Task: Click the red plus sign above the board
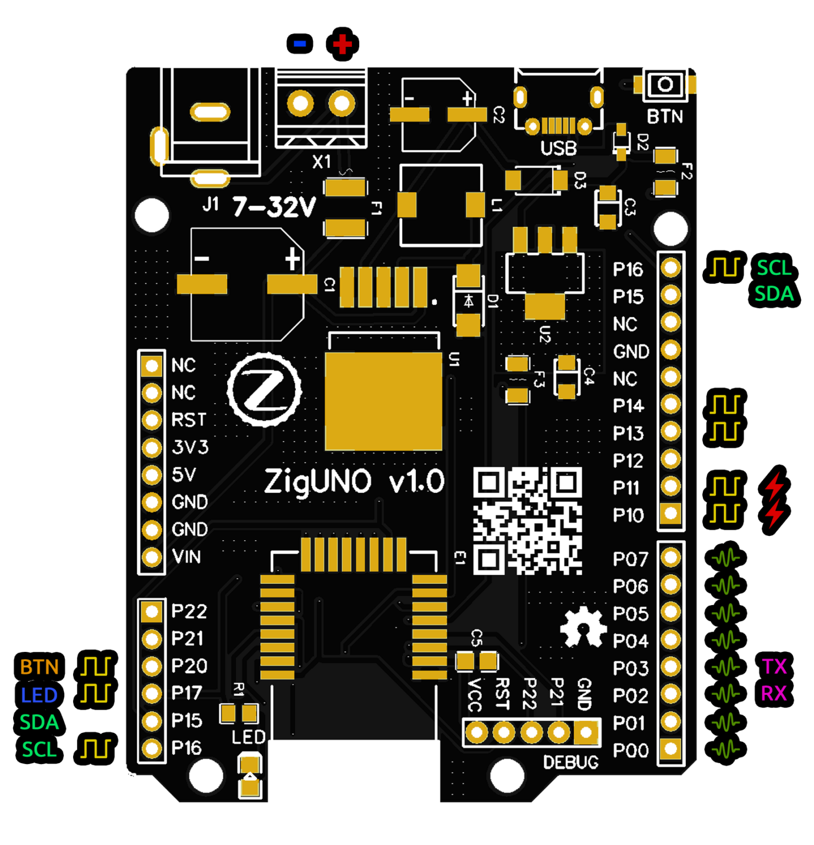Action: click(x=342, y=44)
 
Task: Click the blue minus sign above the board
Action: click(x=300, y=43)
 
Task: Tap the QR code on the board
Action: click(x=527, y=520)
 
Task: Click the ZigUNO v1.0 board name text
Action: click(x=354, y=482)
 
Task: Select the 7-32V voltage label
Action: click(x=274, y=207)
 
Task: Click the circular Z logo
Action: click(x=265, y=389)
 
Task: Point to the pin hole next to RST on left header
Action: click(x=152, y=420)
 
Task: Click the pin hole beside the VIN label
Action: click(x=152, y=557)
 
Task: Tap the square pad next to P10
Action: click(x=670, y=514)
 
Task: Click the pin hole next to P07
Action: click(x=670, y=558)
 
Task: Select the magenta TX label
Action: click(x=774, y=667)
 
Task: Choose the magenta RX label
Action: click(x=774, y=694)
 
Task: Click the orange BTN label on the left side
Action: click(x=39, y=667)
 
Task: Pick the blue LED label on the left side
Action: click(x=39, y=695)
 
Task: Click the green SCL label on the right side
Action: click(x=774, y=268)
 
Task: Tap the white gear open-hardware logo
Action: click(x=584, y=627)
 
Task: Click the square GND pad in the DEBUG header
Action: click(x=586, y=732)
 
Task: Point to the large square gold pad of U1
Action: click(x=383, y=401)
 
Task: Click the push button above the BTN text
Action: click(x=665, y=85)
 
